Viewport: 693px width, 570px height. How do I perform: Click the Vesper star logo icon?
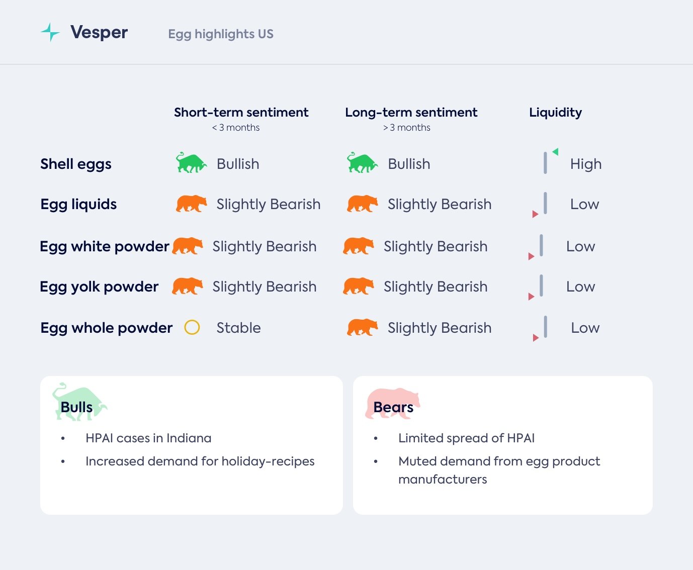coord(50,32)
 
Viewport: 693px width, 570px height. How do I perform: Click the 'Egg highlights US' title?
coord(221,34)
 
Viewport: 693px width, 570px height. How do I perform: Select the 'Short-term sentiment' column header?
coord(241,113)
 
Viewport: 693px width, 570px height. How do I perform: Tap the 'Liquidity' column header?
coord(555,113)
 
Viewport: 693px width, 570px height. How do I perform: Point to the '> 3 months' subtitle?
coord(407,128)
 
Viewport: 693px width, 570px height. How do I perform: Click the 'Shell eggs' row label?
coord(76,164)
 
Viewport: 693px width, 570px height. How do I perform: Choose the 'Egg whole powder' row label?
coord(106,328)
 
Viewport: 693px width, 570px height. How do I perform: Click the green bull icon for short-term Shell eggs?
coord(191,163)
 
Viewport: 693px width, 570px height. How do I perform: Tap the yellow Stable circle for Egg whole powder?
coord(192,328)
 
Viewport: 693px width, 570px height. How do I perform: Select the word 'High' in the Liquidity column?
coord(586,164)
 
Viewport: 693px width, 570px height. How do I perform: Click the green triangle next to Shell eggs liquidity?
coord(555,152)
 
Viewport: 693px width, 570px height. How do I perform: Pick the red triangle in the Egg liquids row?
coord(535,214)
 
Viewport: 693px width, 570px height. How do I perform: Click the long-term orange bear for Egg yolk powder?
coord(358,286)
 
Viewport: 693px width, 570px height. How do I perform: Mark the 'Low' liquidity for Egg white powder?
coord(580,247)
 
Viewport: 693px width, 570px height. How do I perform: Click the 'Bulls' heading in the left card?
coord(76,407)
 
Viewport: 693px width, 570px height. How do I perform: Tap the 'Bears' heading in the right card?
coord(393,407)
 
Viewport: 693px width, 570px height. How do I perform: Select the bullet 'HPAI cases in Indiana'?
coord(148,438)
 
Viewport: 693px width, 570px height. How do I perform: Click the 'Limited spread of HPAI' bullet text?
coord(466,438)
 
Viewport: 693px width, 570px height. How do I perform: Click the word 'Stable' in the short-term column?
coord(238,328)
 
